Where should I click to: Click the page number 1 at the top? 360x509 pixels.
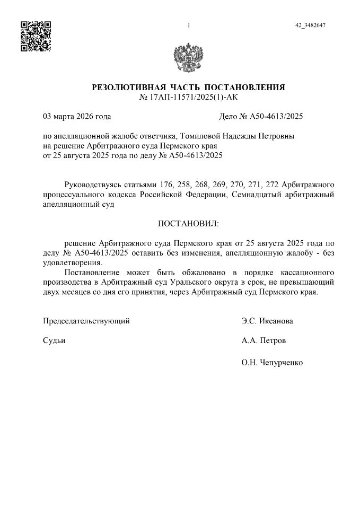point(188,25)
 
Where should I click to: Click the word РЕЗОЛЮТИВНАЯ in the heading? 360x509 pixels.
point(126,87)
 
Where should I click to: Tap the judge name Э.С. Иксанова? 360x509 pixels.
point(267,321)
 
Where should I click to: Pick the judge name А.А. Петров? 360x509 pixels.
point(263,340)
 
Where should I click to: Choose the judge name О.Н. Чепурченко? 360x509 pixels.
point(271,363)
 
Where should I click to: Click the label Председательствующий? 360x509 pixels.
point(86,321)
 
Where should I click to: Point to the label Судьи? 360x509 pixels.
point(54,340)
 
